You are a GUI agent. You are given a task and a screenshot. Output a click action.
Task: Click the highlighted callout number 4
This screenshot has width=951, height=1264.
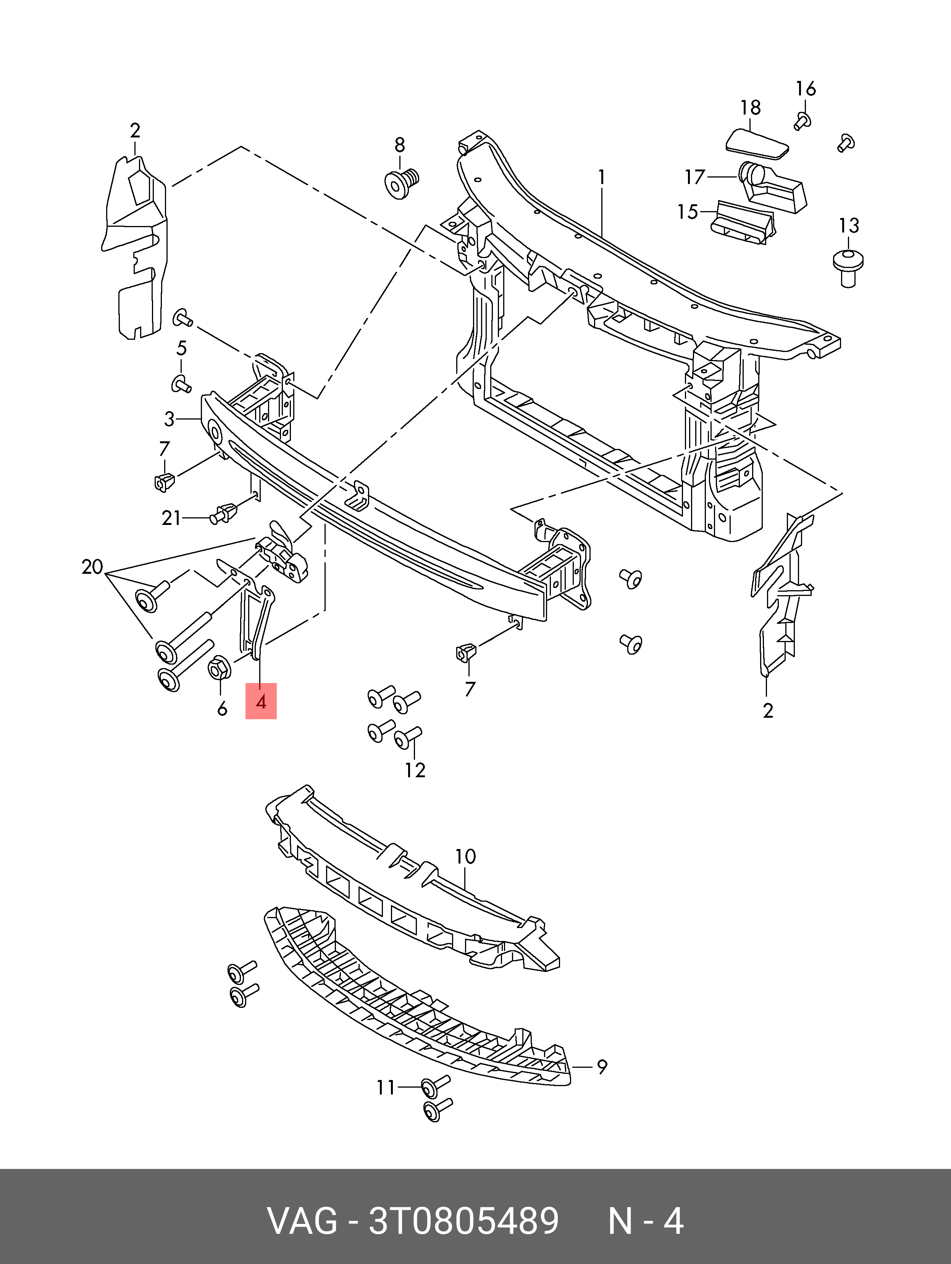coord(261,701)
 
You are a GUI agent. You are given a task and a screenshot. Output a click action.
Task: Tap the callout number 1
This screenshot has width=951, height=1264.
coord(602,178)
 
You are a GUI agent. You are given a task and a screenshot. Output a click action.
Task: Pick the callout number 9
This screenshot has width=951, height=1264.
coord(602,1067)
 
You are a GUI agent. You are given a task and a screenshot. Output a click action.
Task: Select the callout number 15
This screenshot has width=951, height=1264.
coord(688,212)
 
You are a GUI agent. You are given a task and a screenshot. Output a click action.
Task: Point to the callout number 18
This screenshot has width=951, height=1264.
coord(751,107)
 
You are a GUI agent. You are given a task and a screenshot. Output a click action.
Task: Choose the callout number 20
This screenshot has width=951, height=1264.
coord(92,567)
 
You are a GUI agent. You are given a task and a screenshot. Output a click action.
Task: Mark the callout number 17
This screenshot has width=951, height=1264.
coord(695,177)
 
